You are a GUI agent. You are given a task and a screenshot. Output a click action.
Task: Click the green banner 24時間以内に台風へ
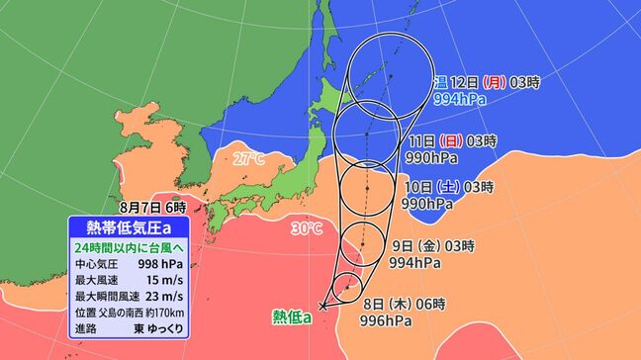click(135, 247)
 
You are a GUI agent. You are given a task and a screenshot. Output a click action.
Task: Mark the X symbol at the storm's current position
click(324, 306)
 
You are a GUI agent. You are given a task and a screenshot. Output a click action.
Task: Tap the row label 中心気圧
click(96, 264)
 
